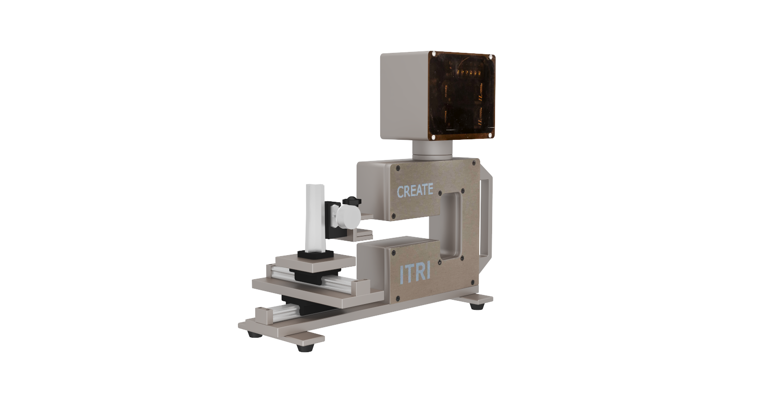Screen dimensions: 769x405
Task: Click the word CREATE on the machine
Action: (415, 190)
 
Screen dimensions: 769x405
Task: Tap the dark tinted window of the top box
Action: (462, 96)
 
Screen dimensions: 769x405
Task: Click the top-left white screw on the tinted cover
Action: (434, 54)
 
